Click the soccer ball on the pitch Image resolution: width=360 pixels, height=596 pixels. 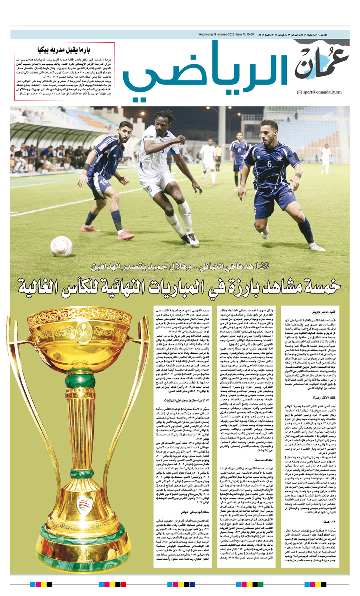tap(61, 246)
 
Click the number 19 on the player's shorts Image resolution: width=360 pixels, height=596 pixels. tap(104, 181)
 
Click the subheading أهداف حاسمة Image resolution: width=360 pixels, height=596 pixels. tap(264, 460)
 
